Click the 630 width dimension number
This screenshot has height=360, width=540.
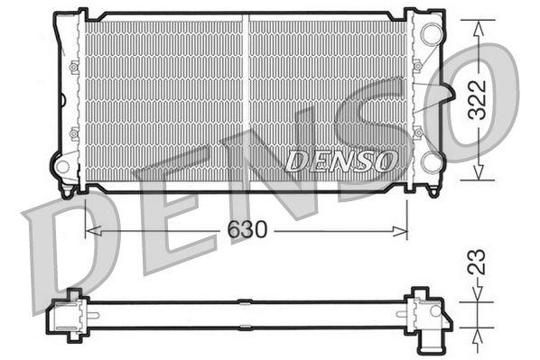coord(247,230)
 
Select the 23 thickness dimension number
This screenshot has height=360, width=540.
coord(479,262)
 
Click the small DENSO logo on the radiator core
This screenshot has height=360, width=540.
coord(342,161)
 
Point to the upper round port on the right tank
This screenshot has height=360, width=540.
coord(432,35)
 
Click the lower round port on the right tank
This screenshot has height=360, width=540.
coord(432,162)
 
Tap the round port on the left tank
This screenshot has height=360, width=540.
coord(63,166)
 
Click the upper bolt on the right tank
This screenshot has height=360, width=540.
coord(417,66)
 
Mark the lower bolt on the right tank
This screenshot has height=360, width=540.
coord(417,134)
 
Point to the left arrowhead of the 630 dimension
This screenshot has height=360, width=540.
coord(91,231)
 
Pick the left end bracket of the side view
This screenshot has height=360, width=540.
coord(72,312)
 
